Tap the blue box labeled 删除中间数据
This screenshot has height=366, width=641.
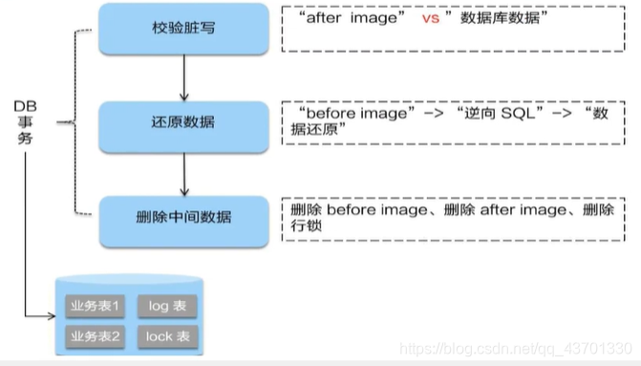click(x=182, y=216)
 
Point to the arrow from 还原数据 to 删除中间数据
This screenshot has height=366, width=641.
click(x=182, y=171)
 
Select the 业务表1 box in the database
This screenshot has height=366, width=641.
click(x=94, y=307)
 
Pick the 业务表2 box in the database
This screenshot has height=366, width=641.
click(x=94, y=336)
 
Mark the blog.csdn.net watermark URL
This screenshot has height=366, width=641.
click(x=516, y=351)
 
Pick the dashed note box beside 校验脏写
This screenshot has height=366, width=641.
click(x=449, y=32)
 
